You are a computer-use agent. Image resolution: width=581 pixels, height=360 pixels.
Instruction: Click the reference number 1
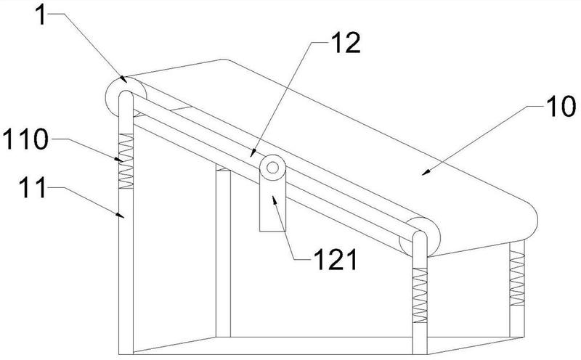(41, 15)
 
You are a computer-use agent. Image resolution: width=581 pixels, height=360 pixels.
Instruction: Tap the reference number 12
(346, 42)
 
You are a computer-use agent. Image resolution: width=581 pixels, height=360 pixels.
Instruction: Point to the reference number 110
(25, 139)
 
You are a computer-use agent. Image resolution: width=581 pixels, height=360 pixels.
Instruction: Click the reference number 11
(33, 187)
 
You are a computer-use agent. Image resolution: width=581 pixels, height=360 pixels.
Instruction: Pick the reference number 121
(335, 259)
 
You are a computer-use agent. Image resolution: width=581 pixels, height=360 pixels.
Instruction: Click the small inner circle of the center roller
(273, 168)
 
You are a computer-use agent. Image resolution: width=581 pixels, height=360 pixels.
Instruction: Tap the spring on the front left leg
(126, 161)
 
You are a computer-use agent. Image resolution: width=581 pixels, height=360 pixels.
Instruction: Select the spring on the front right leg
(420, 295)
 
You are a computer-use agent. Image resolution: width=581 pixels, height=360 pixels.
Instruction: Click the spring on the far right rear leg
(517, 278)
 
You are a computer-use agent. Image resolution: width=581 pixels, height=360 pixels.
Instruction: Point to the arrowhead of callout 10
(426, 171)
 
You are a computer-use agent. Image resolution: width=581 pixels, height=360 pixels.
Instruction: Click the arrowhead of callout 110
(118, 159)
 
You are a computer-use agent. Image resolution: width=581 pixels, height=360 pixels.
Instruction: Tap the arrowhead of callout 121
(275, 200)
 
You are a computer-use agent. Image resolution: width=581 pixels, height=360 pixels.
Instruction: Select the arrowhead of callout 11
(120, 214)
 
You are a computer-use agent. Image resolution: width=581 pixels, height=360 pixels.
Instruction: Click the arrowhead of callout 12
(253, 153)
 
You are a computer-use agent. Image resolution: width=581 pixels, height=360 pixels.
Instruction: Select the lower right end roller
(420, 237)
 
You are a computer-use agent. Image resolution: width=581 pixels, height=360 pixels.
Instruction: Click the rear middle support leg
(223, 252)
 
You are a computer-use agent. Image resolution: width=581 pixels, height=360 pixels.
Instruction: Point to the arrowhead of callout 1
(123, 79)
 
